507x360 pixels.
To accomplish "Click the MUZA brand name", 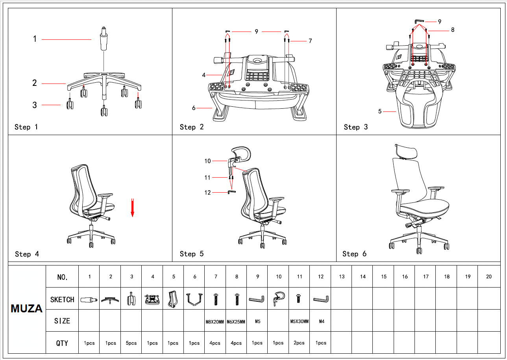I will pos(27,309).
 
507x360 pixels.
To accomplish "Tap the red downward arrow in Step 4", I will pos(133,208).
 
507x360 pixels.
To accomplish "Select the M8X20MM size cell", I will pos(215,321).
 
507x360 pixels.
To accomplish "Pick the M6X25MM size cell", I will pos(236,321).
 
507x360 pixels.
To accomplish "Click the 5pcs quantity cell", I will pos(131,343).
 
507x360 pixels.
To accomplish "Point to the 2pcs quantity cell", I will pos(300,343).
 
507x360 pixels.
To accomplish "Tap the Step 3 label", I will pos(356,127).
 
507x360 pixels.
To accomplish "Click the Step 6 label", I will pos(354,254).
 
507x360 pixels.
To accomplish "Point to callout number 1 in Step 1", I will pos(35,39).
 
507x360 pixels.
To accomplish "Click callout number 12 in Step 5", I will pos(207,193).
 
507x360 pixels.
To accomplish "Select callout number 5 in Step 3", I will pos(380,111).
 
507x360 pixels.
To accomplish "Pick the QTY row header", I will pos(62,343).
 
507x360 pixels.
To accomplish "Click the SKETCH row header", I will pos(62,300).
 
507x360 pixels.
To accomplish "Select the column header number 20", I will pos(488,276).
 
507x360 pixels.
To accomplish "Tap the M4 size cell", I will pos(321,321).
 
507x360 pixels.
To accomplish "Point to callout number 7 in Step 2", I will pos(310,41).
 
